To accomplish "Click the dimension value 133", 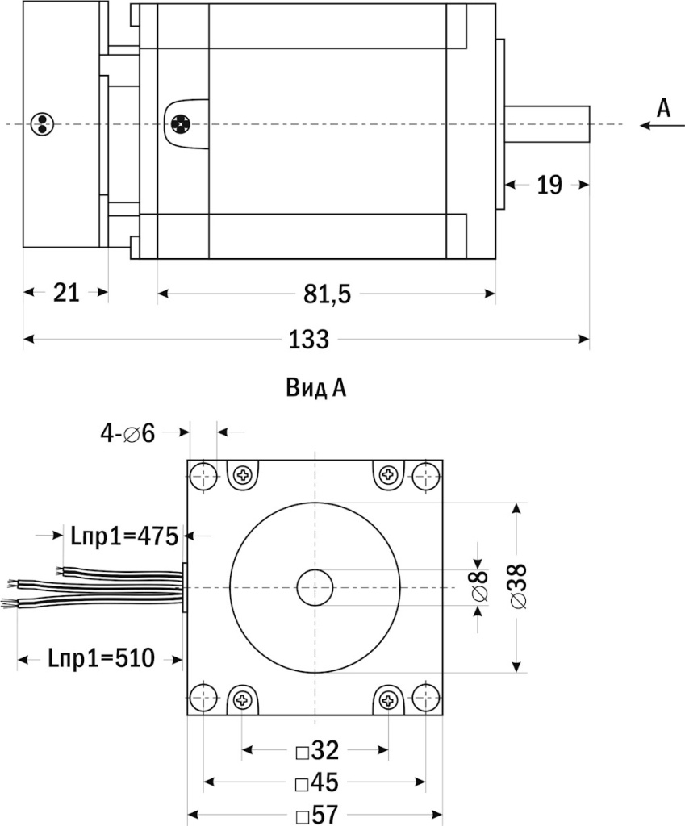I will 309,340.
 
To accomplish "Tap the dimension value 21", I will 66,293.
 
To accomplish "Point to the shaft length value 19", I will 549,185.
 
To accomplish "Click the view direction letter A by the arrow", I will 663,108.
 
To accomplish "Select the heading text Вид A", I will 315,389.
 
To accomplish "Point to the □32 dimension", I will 316,751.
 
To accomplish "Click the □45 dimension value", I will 316,783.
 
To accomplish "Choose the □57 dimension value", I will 316,815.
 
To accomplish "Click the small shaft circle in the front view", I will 315,588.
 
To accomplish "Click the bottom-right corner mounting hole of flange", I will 427,699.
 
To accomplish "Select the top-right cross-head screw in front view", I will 389,475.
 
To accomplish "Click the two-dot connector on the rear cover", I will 40,123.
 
